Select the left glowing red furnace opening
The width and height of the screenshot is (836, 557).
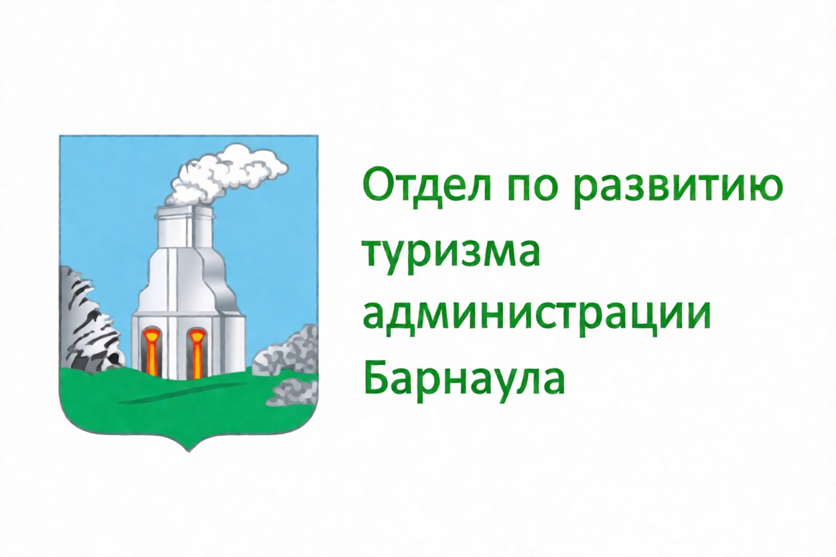pos(152,351)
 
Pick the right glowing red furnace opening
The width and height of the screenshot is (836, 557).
pos(196,351)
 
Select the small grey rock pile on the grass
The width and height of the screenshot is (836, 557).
pos(293,391)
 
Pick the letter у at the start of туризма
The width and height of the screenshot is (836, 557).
pos(397,259)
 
